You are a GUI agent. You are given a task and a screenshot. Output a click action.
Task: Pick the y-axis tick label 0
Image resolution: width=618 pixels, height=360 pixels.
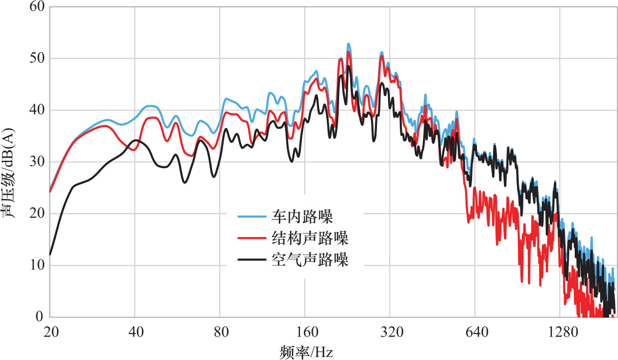[40, 317]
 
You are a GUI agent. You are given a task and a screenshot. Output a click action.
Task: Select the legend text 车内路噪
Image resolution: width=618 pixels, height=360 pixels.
[309, 217]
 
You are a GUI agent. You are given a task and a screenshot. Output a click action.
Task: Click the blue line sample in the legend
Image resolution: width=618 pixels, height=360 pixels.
[252, 217]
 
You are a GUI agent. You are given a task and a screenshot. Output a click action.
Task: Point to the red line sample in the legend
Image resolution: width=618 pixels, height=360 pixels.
[252, 239]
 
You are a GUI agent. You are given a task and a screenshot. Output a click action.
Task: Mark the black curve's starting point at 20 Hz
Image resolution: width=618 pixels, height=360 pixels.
[50, 254]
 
